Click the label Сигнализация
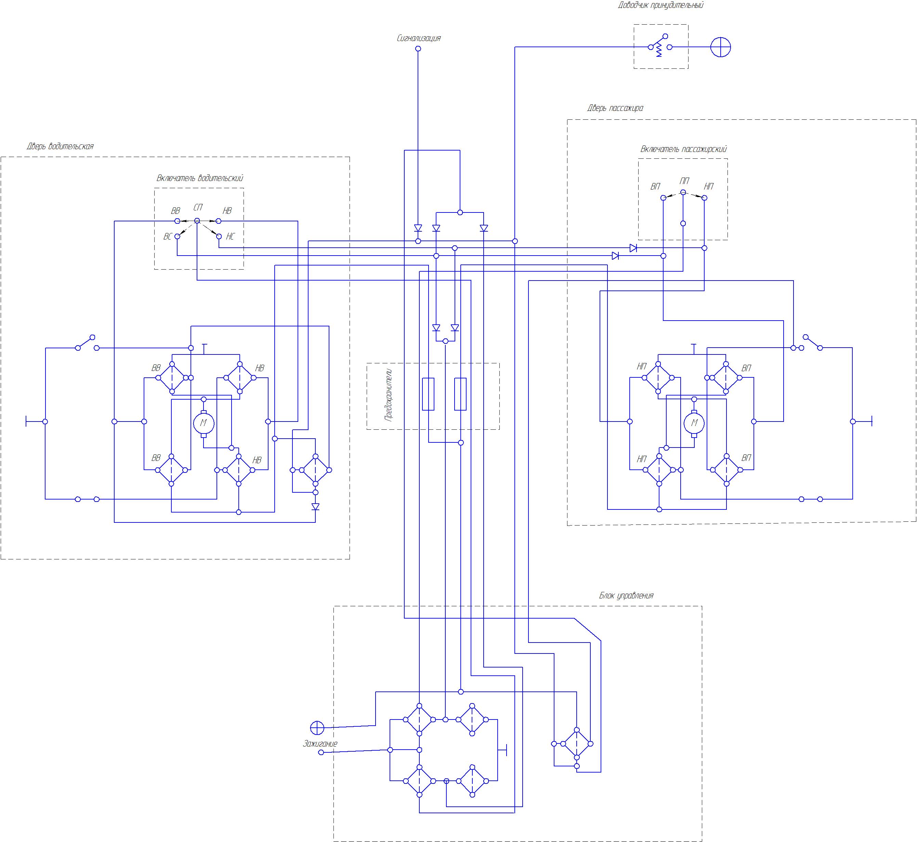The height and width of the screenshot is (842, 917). click(419, 38)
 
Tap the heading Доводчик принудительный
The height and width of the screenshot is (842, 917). click(660, 5)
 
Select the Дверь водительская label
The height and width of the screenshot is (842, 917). click(60, 146)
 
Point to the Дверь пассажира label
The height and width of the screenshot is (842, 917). click(615, 108)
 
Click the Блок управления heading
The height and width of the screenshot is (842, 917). click(626, 596)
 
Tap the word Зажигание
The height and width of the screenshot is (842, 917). click(320, 744)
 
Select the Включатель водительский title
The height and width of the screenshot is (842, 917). click(199, 178)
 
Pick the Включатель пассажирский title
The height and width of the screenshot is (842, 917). click(683, 149)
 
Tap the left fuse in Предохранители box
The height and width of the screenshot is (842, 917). click(428, 394)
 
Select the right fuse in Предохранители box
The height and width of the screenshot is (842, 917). click(460, 394)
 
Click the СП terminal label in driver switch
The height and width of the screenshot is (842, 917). click(198, 208)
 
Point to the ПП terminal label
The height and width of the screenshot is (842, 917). click(684, 181)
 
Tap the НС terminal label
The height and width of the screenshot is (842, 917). click(230, 237)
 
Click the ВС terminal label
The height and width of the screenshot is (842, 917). click(168, 237)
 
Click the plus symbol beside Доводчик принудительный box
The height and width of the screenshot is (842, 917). click(721, 47)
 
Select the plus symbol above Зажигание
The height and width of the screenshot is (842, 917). click(317, 728)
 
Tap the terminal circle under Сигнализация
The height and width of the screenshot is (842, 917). click(418, 49)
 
